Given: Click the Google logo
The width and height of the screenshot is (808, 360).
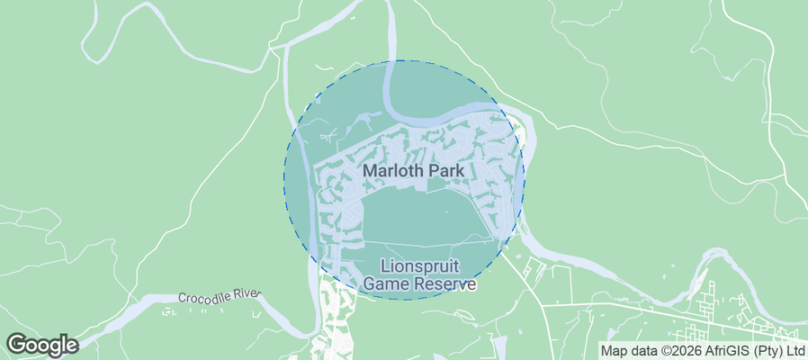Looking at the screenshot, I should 41,345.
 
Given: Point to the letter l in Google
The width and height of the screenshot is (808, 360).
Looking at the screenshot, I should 61,344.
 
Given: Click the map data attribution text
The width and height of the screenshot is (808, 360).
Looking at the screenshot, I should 703,351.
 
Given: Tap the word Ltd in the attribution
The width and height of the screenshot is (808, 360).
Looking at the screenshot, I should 795,351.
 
